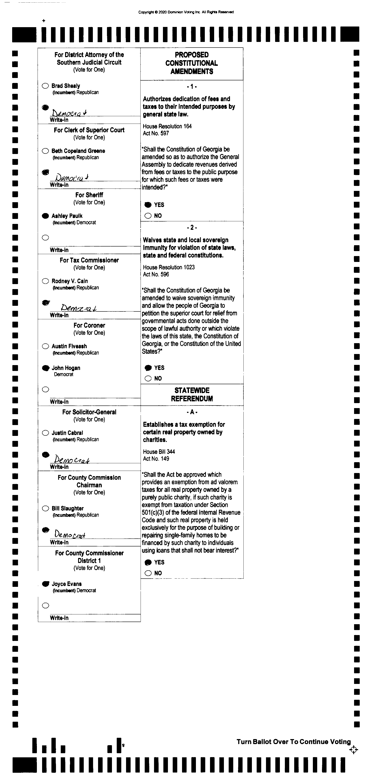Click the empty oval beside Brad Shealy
coord(45,86)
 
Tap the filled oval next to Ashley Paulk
coord(45,216)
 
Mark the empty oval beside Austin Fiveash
coord(45,346)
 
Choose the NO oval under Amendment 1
coord(148,216)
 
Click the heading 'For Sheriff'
coord(89,195)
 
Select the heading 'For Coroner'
coord(89,325)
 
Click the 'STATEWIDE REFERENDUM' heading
coord(192,394)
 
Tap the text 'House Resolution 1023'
coord(169,267)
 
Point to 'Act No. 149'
coord(156,459)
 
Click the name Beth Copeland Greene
coord(78,151)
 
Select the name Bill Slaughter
coord(67,508)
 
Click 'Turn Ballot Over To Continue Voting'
coord(294,742)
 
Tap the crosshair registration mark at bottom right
coord(353,750)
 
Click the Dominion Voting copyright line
coord(186,12)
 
